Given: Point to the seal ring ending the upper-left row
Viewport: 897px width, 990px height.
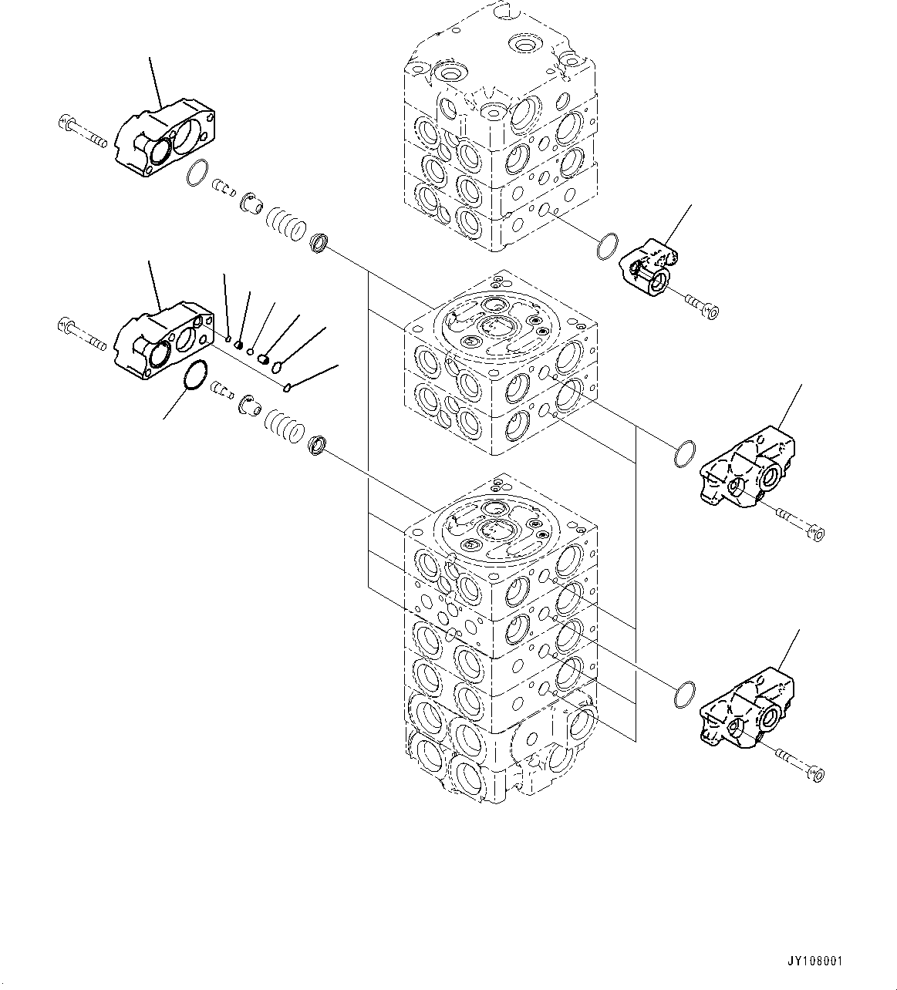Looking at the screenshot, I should (319, 244).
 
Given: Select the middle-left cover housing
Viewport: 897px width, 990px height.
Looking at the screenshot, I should (163, 344).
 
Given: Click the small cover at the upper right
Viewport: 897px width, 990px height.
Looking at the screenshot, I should (646, 267).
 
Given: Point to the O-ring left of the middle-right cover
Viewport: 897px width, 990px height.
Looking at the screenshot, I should (684, 455).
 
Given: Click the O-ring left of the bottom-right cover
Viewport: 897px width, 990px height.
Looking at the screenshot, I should (684, 695).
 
